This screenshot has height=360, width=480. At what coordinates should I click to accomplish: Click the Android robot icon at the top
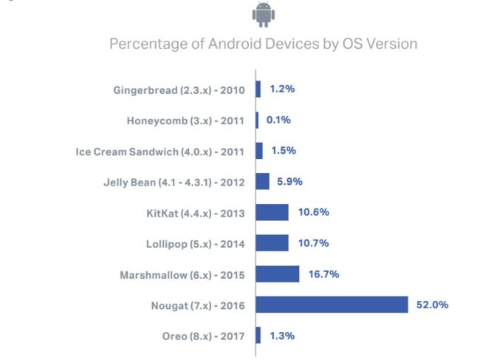point(262,14)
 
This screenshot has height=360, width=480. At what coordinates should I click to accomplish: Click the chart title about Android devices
point(263,44)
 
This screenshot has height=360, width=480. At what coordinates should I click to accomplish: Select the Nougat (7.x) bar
point(332,305)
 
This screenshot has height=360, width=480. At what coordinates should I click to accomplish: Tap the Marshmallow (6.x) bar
point(278,274)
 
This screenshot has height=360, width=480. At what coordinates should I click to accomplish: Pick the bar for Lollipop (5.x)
point(272,243)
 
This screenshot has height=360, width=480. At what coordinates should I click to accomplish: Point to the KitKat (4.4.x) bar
point(272,212)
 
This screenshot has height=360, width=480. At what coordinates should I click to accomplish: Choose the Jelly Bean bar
point(263,181)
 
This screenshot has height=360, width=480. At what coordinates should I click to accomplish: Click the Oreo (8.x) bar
point(258,336)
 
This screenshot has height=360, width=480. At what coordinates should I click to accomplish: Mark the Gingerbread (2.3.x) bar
point(258,89)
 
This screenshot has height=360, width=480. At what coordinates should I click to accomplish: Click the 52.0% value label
point(432,305)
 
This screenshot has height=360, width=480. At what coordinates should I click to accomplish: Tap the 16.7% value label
point(323,274)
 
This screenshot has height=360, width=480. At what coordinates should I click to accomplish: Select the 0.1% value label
point(278,120)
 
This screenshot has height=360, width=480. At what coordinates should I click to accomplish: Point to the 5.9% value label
point(289,181)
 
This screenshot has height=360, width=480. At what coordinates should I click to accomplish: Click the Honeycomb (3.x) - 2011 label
point(185,120)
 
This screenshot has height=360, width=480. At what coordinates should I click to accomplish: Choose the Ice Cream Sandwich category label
point(160,152)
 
